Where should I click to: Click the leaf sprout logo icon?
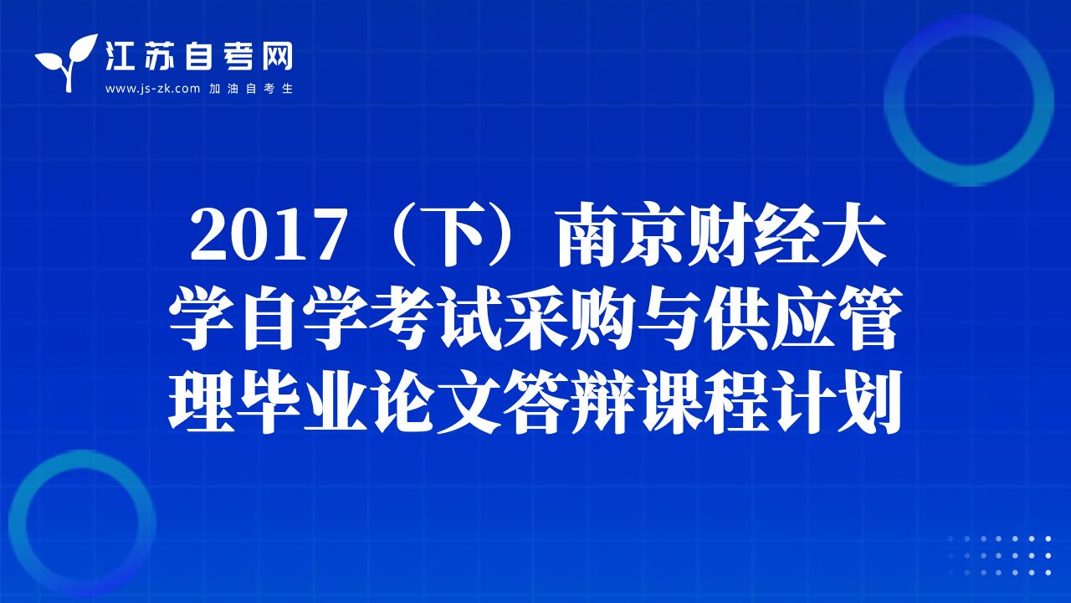67,62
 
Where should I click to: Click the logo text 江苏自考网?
199,56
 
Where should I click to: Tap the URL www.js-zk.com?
152,89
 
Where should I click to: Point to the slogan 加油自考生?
251,89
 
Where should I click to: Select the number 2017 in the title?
269,235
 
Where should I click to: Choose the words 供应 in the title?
770,318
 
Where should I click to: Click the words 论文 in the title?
436,402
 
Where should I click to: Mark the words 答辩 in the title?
569,402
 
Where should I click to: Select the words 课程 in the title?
703,402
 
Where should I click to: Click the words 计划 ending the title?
838,402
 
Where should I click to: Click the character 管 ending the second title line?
871,318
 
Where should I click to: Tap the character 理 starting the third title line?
202,402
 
